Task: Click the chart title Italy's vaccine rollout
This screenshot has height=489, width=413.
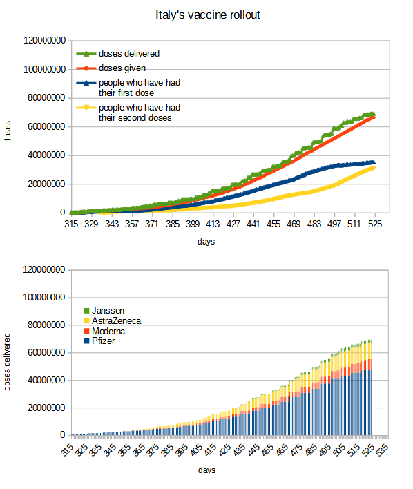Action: point(208,15)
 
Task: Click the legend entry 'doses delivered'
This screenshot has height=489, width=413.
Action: point(130,54)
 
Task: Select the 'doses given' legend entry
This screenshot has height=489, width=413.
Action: point(122,68)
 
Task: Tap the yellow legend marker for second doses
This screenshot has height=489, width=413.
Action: point(87,108)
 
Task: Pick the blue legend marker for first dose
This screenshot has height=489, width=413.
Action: point(87,83)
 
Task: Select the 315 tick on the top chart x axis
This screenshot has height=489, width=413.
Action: point(72,224)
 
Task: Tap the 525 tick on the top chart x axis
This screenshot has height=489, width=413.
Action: point(375,224)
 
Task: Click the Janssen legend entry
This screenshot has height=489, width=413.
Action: point(109,311)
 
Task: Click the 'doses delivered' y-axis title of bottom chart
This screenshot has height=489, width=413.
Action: point(8,363)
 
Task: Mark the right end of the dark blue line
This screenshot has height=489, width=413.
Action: point(374,162)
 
